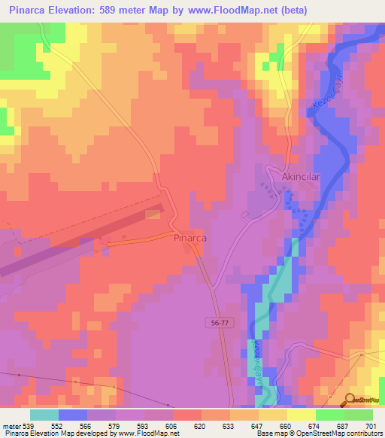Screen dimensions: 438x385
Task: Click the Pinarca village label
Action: pyautogui.click(x=189, y=237)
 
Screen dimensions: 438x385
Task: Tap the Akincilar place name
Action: pyautogui.click(x=302, y=176)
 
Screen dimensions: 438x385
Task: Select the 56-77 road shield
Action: pyautogui.click(x=217, y=322)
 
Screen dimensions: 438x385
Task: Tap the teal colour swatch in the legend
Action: pyautogui.click(x=44, y=414)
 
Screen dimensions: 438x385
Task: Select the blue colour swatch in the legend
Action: pyautogui.click(x=73, y=414)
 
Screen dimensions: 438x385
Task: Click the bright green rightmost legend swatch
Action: pyautogui.click(x=359, y=414)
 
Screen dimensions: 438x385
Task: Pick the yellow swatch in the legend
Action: pyautogui.click(x=302, y=414)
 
